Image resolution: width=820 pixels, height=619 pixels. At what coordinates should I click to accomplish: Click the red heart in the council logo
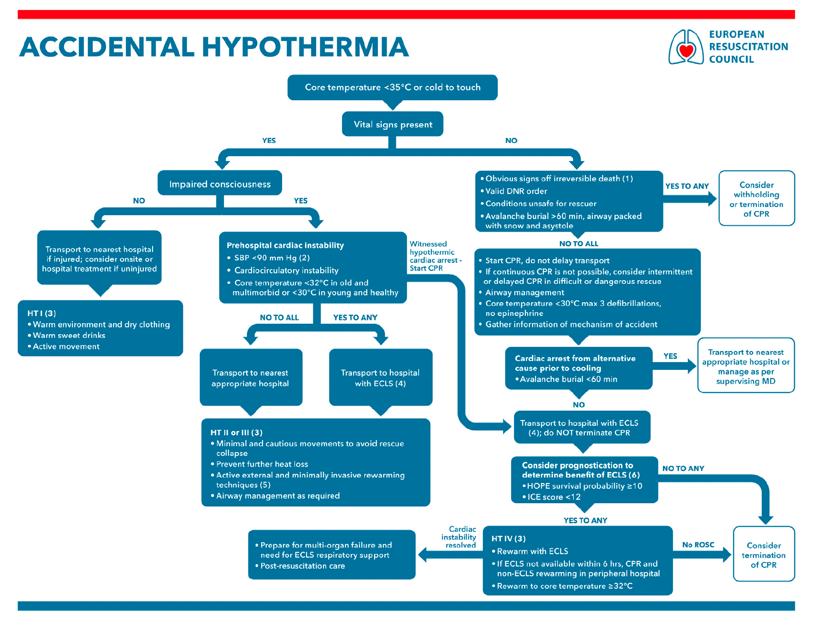pos(686,51)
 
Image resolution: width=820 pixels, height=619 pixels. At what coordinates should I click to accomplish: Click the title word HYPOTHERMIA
pos(305,47)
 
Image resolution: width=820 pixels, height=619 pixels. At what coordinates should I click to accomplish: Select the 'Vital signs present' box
pos(393,124)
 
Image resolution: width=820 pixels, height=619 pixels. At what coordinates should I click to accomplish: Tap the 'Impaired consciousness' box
pos(220,183)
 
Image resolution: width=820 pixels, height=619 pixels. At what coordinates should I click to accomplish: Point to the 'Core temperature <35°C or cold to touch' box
pos(393,87)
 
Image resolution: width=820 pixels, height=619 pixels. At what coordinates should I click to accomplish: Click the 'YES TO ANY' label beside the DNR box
pos(687,186)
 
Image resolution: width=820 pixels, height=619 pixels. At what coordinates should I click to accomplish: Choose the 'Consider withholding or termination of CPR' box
pos(756,198)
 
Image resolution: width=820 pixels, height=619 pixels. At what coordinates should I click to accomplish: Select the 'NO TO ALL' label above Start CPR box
pos(579,244)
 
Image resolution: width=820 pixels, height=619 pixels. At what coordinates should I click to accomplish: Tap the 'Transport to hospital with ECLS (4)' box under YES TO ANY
pos(380,377)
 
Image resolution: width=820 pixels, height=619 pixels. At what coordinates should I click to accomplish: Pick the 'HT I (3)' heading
pos(42,313)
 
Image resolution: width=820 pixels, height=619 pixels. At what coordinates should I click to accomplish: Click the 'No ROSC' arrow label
pos(698,545)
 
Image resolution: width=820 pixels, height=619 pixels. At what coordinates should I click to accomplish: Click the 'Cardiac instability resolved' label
pos(459,537)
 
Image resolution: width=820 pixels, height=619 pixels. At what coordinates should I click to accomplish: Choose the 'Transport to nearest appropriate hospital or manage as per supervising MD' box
pos(746,365)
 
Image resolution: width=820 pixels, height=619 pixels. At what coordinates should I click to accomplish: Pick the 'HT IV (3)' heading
pos(508,538)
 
